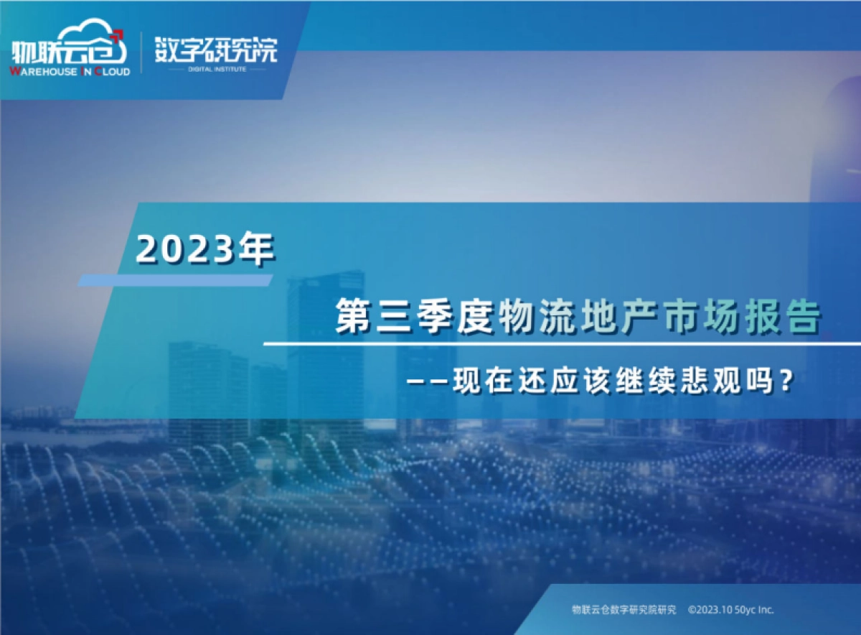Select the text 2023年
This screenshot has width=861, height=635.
(x=205, y=249)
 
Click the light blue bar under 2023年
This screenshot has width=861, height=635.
(x=175, y=280)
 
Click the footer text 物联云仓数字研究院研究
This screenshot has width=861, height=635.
(x=624, y=609)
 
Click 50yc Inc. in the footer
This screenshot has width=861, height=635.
(x=758, y=609)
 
